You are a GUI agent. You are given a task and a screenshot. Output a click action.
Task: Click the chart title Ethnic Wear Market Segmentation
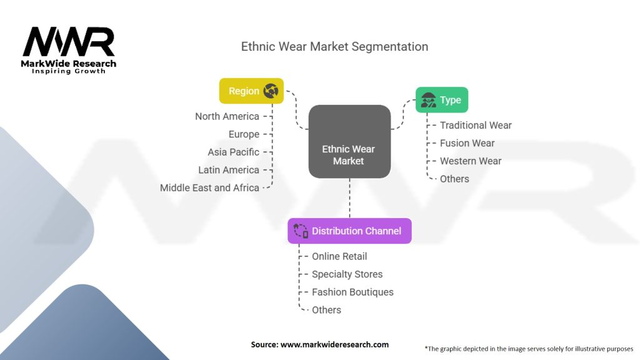pos(334,46)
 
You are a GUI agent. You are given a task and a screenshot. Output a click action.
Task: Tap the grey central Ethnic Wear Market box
pos(349,141)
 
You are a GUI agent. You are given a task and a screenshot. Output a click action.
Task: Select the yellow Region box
pos(251,91)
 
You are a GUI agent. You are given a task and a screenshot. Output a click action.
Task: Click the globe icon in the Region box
pos(271,91)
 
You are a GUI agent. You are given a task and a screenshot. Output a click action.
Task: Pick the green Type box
pos(442,99)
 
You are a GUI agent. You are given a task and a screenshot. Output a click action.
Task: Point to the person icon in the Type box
pos(428,100)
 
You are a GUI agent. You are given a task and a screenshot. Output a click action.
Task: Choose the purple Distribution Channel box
pos(349,231)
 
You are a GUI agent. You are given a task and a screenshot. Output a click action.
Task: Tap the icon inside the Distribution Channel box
pos(301,231)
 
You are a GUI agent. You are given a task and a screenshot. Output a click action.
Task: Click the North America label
pos(227,116)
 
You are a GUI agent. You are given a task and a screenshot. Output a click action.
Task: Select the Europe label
pos(244,134)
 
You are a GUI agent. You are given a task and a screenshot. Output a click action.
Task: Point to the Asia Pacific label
pos(233,152)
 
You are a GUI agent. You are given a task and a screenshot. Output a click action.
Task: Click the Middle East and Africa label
pos(209,187)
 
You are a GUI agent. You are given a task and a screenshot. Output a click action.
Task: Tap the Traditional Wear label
pos(476,125)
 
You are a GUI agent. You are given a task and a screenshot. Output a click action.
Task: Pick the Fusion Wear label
pos(467,143)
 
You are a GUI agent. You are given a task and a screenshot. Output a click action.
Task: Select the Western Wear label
pos(471,161)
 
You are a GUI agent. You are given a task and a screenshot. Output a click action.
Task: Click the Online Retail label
pos(339,256)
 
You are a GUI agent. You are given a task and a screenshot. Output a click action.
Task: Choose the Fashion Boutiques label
pos(352,292)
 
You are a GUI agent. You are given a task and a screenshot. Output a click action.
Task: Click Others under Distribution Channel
pos(326,310)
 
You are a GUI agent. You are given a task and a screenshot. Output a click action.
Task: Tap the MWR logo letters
pos(69,42)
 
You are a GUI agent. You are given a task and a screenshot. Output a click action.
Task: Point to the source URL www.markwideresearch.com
pos(334,344)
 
